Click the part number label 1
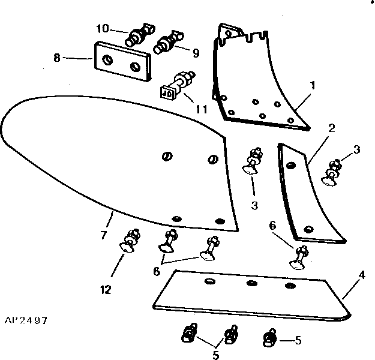pyautogui.click(x=312, y=85)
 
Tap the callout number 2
pyautogui.click(x=331, y=128)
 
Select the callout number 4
pyautogui.click(x=362, y=277)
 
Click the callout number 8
pyautogui.click(x=57, y=58)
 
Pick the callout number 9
pyautogui.click(x=195, y=53)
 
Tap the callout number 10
pyautogui.click(x=103, y=28)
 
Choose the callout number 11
pyautogui.click(x=201, y=110)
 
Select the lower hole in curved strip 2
pyautogui.click(x=308, y=229)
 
